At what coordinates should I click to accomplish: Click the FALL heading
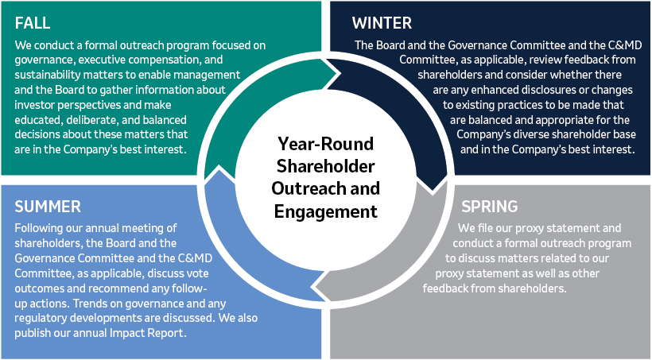33,23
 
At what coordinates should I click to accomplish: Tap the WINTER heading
382,23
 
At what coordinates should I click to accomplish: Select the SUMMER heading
48,207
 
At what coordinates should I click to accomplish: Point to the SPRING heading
490,206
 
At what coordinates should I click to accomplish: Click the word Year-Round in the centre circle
325,144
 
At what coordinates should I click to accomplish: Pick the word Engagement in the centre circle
325,211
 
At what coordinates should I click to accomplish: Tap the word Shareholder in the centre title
325,166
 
